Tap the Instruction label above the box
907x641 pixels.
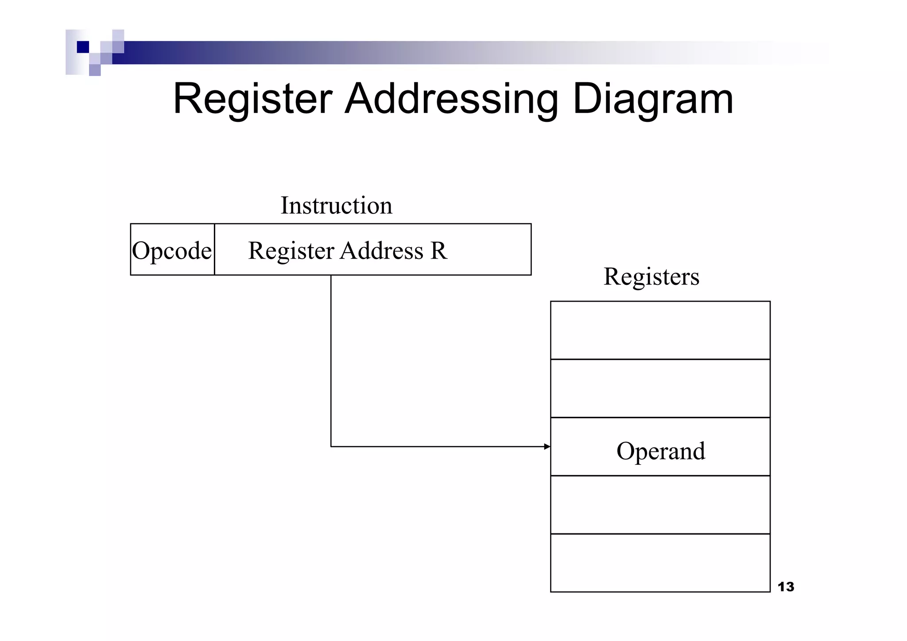(x=336, y=206)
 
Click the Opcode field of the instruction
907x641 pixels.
(x=172, y=250)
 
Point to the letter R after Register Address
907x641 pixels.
(x=438, y=251)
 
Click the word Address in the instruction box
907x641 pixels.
(x=381, y=251)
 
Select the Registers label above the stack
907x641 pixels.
(x=651, y=277)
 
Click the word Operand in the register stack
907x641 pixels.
(x=660, y=451)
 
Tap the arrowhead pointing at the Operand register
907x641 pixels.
(x=547, y=447)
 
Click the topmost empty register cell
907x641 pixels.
(x=660, y=330)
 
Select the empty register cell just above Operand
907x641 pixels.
(x=660, y=388)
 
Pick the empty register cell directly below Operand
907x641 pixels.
(x=660, y=505)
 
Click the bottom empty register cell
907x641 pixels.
(x=660, y=563)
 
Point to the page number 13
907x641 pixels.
(x=786, y=587)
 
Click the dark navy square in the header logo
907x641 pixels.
(x=83, y=47)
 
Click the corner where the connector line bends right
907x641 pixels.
(x=331, y=447)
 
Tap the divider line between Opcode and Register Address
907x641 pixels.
(x=214, y=249)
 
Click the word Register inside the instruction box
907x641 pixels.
(x=291, y=251)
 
